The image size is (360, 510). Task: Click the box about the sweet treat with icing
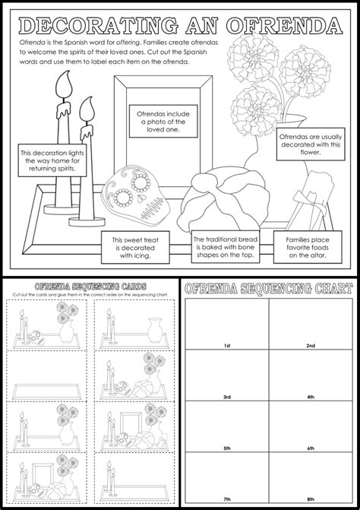click(x=134, y=246)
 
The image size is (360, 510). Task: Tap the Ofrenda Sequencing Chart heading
click(x=268, y=288)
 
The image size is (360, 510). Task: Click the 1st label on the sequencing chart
click(x=225, y=346)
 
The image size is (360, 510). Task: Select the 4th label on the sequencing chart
click(x=310, y=397)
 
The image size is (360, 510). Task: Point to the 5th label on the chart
click(x=225, y=448)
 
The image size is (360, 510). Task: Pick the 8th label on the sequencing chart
click(x=310, y=498)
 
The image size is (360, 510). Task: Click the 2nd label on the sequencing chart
click(x=310, y=346)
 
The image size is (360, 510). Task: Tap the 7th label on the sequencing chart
click(x=225, y=498)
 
